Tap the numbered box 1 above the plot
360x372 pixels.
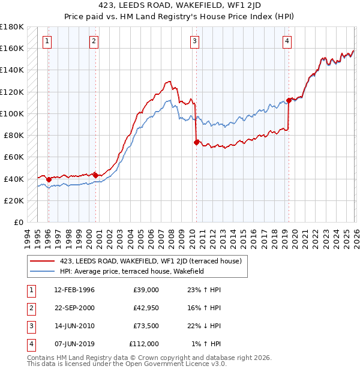tap(47, 41)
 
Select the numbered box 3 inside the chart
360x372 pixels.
tap(195, 41)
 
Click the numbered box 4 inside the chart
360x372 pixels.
tap(287, 41)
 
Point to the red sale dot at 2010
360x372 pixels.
tap(196, 142)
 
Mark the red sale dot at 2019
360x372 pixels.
tap(289, 100)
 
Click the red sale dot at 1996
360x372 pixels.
tap(49, 179)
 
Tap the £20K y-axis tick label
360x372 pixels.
tap(14, 200)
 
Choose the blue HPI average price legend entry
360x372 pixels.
tap(132, 271)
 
